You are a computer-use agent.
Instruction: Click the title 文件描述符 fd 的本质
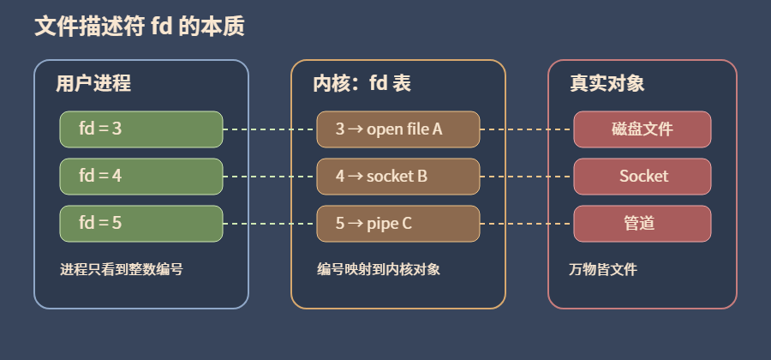(140, 27)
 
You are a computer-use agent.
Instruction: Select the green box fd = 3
(141, 129)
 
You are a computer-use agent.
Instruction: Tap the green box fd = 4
(141, 177)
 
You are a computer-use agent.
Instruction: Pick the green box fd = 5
(141, 224)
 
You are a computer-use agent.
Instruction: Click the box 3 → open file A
(398, 129)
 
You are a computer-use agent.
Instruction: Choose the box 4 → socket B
(398, 177)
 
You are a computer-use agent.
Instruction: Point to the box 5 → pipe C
(398, 224)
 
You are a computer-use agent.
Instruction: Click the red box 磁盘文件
(642, 129)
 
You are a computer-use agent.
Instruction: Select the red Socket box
(642, 177)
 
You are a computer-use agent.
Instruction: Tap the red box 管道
(642, 224)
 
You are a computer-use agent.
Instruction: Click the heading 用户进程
(93, 83)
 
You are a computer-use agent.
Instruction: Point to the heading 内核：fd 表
(362, 83)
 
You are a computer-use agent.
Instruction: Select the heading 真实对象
(607, 83)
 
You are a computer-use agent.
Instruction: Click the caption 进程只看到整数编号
(122, 269)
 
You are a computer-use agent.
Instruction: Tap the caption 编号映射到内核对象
(379, 269)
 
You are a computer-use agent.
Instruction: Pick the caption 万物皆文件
(603, 269)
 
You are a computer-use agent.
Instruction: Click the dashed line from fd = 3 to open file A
(270, 129)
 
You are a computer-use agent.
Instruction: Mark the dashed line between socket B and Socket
(527, 177)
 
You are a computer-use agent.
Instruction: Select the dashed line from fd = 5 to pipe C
(270, 224)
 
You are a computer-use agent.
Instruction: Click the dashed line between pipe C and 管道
(527, 224)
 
